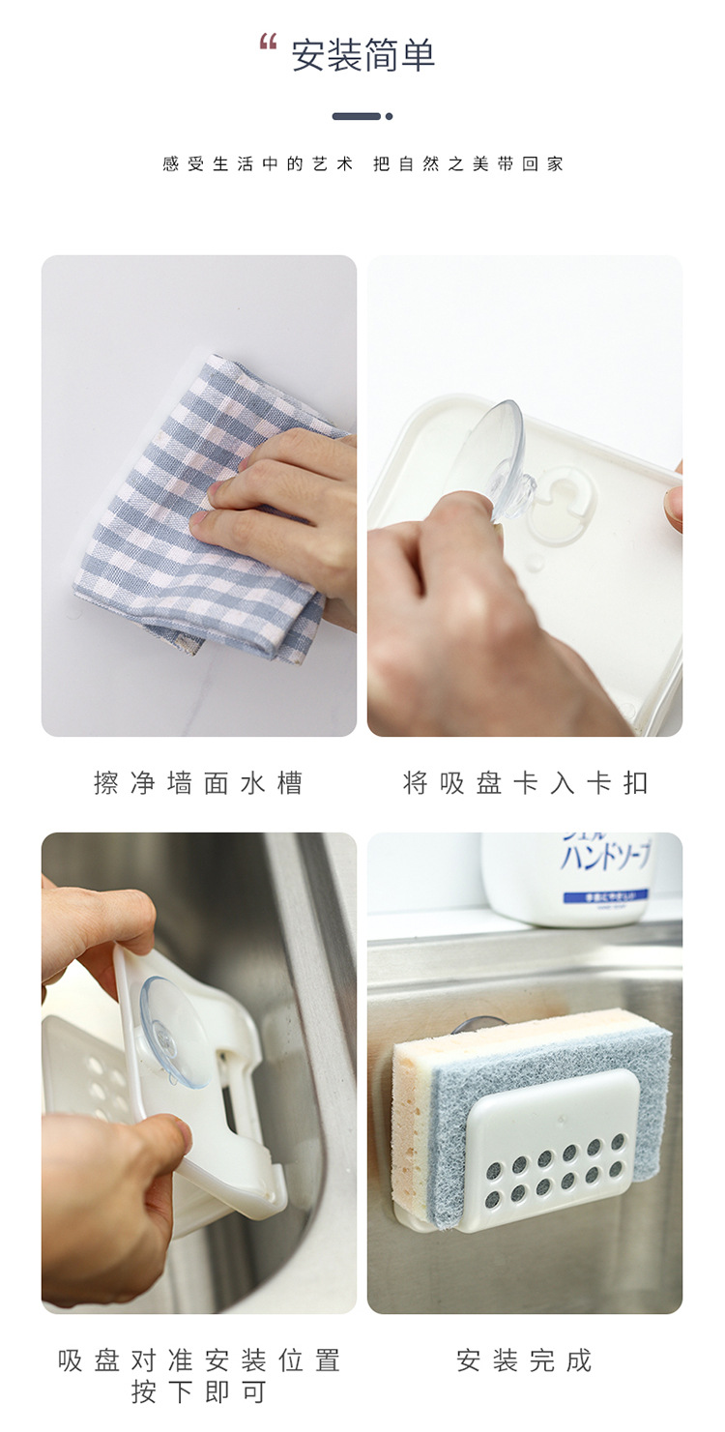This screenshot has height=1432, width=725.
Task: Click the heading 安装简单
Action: tap(363, 55)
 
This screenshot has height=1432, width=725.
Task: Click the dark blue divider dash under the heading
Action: tap(357, 116)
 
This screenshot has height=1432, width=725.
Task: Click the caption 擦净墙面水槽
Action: tap(198, 782)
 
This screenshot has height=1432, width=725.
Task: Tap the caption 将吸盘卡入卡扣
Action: tap(525, 782)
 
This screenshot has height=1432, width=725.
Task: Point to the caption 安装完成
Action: tap(525, 1360)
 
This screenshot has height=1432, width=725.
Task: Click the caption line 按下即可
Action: tap(198, 1392)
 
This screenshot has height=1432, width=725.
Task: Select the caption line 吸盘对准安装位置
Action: tap(198, 1360)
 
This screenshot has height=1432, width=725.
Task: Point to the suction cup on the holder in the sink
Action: tap(175, 1030)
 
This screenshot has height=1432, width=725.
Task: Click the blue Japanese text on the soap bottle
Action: tap(604, 856)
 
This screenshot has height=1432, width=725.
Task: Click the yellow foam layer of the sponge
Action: tap(411, 1112)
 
